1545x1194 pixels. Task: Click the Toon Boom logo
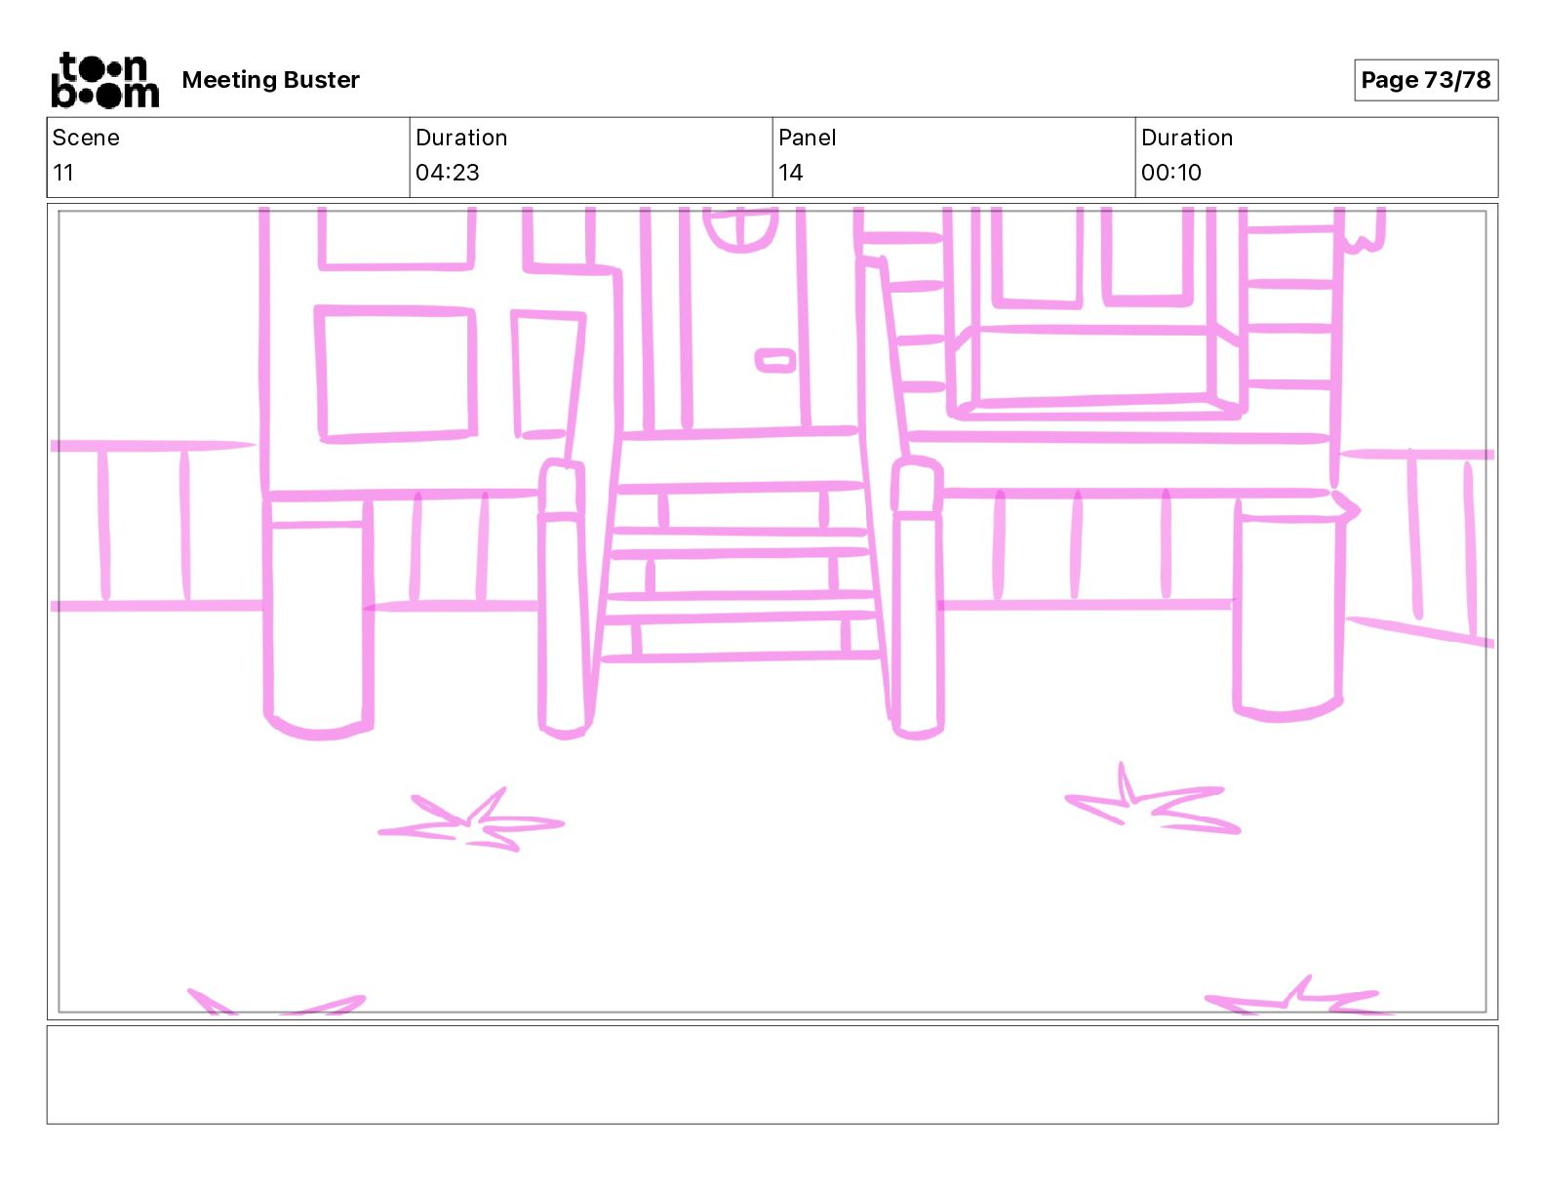[105, 80]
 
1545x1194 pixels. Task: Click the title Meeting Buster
[270, 80]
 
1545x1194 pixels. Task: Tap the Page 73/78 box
[1425, 80]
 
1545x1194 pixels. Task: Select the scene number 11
[62, 172]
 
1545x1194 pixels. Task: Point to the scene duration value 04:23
[448, 172]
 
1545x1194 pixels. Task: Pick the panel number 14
[791, 172]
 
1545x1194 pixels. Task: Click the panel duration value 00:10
[1171, 172]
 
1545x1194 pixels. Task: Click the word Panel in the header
[807, 138]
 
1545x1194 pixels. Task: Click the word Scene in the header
[86, 138]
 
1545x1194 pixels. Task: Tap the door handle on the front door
[775, 361]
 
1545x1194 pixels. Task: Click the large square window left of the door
[395, 374]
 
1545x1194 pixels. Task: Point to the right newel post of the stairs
[917, 597]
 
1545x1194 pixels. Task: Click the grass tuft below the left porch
[471, 821]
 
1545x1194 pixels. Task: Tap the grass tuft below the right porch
[1153, 800]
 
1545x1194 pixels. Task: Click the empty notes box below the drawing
[772, 1075]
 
